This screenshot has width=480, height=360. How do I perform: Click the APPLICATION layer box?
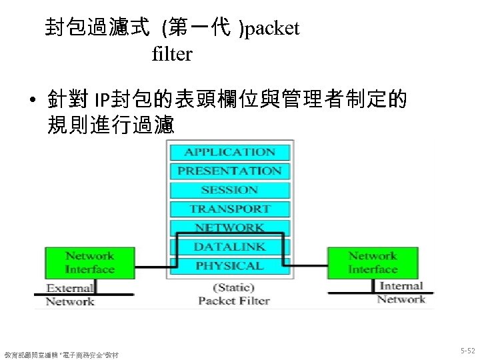click(230, 152)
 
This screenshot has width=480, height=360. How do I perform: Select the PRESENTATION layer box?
click(230, 171)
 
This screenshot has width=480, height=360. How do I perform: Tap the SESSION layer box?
click(230, 190)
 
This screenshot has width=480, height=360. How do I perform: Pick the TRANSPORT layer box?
click(230, 209)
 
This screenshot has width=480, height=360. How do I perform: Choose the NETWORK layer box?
click(230, 227)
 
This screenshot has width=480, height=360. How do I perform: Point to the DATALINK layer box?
click(230, 247)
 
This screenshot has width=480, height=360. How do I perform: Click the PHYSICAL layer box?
click(230, 265)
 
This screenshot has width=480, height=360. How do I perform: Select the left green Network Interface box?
click(90, 263)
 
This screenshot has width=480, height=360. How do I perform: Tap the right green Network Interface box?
click(373, 263)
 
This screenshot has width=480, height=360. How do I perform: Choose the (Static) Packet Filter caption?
click(233, 294)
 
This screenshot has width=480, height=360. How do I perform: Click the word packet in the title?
click(273, 29)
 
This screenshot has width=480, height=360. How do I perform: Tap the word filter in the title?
click(172, 54)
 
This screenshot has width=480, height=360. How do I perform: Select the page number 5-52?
click(467, 350)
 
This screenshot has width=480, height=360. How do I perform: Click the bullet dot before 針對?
click(31, 102)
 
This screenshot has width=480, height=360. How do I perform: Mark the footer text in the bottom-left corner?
click(61, 354)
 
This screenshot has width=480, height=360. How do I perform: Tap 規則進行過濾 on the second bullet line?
click(111, 125)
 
